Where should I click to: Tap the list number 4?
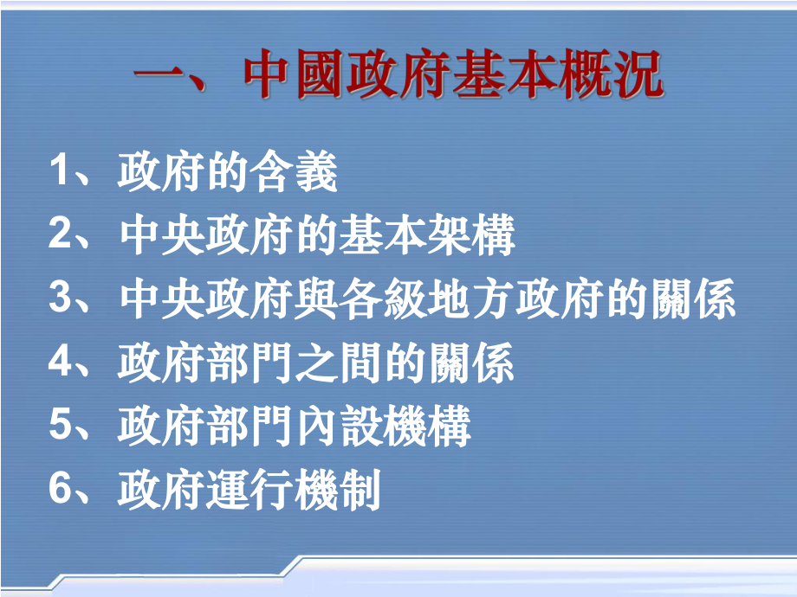coord(59,363)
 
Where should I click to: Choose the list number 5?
coord(59,426)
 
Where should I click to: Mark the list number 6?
coord(59,490)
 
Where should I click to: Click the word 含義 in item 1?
coord(295,173)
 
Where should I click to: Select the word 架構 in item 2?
coord(472,235)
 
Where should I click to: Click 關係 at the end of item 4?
coord(472,363)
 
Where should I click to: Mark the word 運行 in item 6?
coord(251,490)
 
